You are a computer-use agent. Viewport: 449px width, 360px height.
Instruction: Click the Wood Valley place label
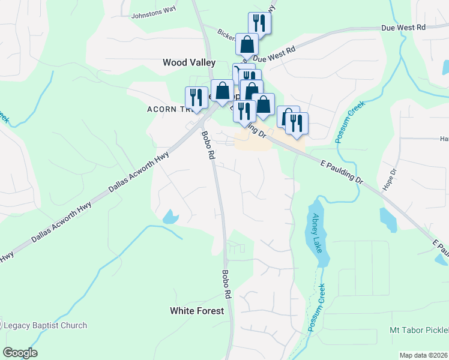click(x=189, y=62)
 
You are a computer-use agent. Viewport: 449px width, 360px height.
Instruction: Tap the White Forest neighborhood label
click(x=197, y=311)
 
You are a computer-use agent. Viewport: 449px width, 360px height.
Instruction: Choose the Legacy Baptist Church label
click(x=46, y=326)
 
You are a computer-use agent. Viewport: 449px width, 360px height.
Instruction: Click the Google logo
click(x=20, y=353)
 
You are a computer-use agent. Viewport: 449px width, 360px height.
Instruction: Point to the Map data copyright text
click(x=423, y=355)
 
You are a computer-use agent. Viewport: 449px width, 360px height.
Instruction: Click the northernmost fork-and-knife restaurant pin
click(x=259, y=24)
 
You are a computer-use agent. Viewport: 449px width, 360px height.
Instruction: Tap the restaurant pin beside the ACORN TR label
click(x=196, y=98)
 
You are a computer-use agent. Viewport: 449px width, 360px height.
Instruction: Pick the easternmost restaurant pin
click(x=297, y=123)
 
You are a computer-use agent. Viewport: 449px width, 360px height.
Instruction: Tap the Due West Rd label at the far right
click(x=403, y=28)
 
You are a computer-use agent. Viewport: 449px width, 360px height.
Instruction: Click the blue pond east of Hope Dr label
click(x=388, y=219)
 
